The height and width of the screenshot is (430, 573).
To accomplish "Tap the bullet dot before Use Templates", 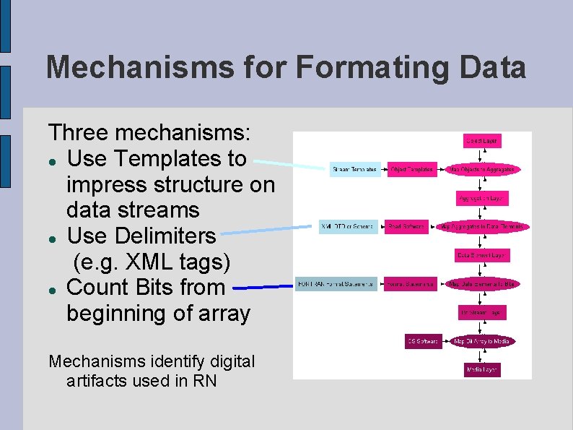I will [53, 159].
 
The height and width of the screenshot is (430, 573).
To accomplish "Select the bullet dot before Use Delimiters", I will [53, 237].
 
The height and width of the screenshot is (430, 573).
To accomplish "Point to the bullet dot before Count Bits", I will [53, 288].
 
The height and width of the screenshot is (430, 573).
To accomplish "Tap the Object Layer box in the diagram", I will [482, 141].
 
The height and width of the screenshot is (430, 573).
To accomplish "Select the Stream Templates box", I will [354, 170].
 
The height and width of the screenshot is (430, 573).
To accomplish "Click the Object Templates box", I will [411, 170].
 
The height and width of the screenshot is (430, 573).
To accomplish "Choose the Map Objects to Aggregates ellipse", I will [483, 170].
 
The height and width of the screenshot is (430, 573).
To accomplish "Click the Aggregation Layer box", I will [482, 198].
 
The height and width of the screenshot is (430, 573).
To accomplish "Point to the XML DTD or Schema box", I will [348, 227].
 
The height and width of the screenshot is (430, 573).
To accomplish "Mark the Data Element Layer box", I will [482, 255].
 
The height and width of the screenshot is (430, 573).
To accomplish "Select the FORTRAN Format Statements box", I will [337, 284].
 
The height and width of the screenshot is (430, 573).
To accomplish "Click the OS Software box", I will [423, 341].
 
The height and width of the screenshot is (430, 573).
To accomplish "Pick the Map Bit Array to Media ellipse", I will [482, 341].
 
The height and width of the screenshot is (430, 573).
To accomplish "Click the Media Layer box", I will [482, 370].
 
